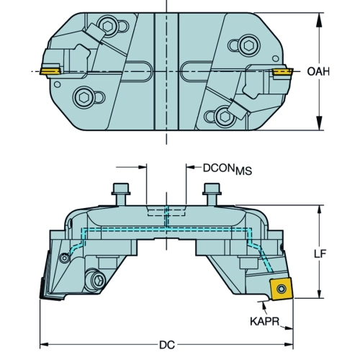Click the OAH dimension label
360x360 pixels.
click(x=318, y=71)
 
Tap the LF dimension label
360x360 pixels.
click(x=320, y=253)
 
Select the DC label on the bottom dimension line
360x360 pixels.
click(x=167, y=345)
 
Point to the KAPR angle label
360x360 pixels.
click(x=265, y=321)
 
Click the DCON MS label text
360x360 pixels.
click(x=228, y=169)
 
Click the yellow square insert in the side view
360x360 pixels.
click(x=281, y=289)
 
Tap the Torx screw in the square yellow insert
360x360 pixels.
click(x=281, y=289)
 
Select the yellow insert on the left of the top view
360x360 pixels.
click(x=50, y=71)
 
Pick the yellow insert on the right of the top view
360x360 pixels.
click(x=282, y=71)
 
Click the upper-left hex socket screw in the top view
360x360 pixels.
click(x=108, y=26)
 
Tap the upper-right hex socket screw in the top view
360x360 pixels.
click(x=248, y=45)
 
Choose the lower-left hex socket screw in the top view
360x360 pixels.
click(x=83, y=97)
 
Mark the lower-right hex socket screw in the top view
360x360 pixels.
click(x=225, y=117)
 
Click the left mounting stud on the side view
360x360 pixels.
click(x=121, y=194)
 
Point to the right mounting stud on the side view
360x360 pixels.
click(x=212, y=194)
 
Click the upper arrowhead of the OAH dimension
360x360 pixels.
click(x=319, y=20)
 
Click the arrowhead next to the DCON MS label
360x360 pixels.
click(x=191, y=167)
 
